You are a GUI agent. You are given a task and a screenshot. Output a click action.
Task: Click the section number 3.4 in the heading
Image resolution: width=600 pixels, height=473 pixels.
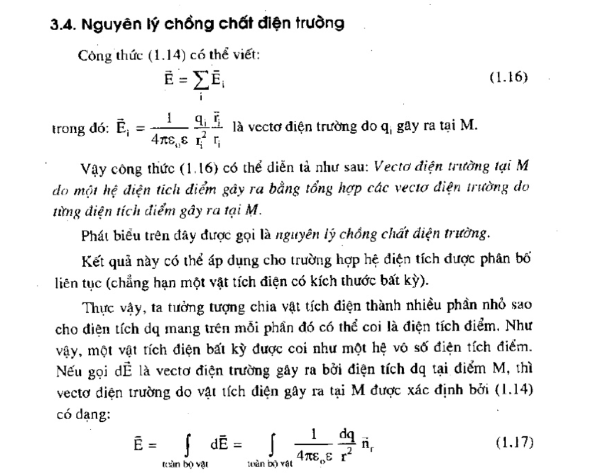pyautogui.click(x=61, y=25)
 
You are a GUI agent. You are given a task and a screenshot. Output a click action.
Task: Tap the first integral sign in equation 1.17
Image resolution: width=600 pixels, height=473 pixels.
pyautogui.click(x=186, y=446)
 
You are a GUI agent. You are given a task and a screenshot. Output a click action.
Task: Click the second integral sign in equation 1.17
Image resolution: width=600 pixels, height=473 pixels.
pyautogui.click(x=271, y=446)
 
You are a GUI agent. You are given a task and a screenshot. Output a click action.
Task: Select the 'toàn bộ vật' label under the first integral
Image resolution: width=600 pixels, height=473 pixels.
pyautogui.click(x=186, y=463)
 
